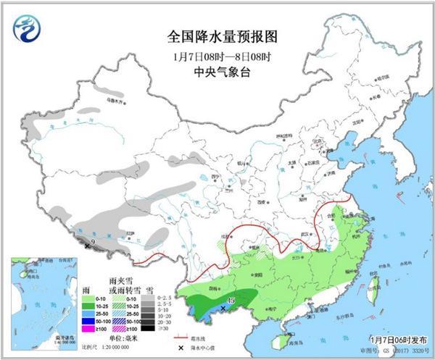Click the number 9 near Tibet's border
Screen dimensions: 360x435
(x=94, y=242)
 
